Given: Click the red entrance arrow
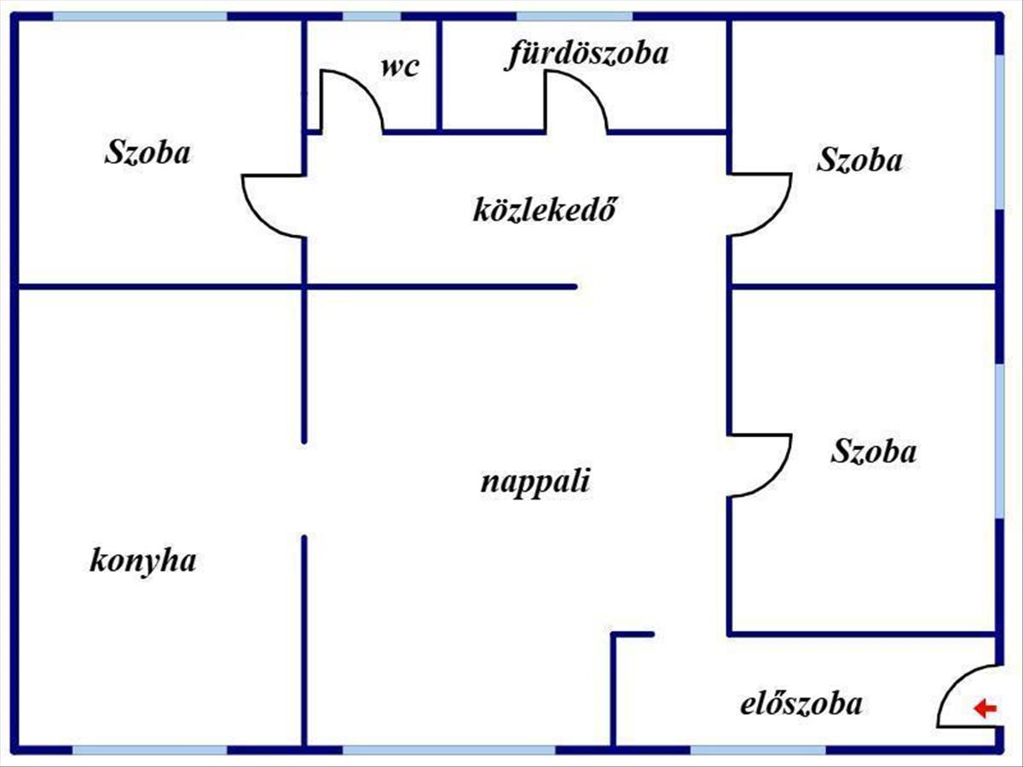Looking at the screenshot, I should tap(985, 708).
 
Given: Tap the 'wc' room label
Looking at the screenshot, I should tap(400, 67).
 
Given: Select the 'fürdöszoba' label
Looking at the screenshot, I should tap(588, 54).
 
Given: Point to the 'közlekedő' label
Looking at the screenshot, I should tap(544, 209).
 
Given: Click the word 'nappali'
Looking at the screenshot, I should tap(535, 482).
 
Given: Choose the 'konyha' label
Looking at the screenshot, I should tap(143, 561).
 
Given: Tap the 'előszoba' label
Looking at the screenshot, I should tap(800, 705).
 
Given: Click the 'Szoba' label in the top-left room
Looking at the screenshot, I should tap(147, 153).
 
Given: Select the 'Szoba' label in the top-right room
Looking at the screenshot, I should tap(858, 159).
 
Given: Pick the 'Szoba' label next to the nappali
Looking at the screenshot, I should tap(874, 451).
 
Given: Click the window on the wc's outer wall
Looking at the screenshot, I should tap(372, 16).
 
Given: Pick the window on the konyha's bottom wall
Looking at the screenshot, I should tap(150, 751).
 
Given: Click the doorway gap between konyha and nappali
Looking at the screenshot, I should tap(304, 488).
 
